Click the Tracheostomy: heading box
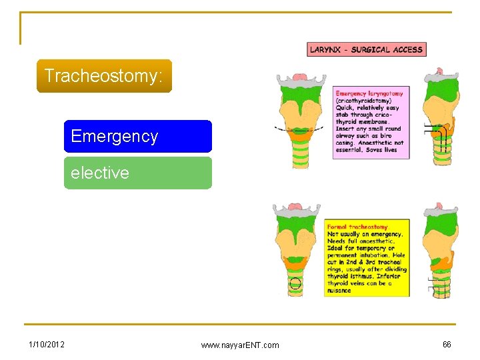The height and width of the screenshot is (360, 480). tap(104, 76)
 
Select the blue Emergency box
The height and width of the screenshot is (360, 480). tap(137, 137)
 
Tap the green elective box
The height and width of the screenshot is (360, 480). tap(137, 173)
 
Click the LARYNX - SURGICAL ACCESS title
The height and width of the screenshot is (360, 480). tap(366, 49)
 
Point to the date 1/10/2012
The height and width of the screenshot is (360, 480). tap(47, 344)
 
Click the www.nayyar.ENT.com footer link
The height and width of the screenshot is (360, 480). tap(240, 345)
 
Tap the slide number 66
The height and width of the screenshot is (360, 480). tap(447, 344)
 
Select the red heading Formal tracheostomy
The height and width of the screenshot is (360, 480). tap(357, 227)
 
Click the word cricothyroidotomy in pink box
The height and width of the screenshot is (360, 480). tap(365, 101)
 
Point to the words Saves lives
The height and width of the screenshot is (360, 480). tap(381, 150)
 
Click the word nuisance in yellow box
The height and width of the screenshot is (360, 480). tap(339, 291)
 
